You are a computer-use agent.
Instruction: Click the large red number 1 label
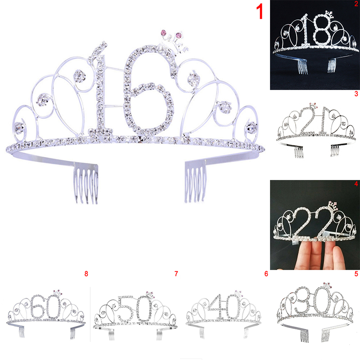tap(260, 12)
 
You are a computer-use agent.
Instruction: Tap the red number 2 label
tap(356, 4)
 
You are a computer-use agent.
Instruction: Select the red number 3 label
tap(356, 94)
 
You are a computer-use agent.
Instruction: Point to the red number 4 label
tap(356, 184)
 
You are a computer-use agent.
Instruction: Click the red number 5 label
tap(356, 274)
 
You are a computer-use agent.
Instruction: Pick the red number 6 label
tap(266, 274)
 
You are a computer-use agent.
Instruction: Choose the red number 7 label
tap(176, 274)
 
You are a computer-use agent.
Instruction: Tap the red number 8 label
tap(86, 274)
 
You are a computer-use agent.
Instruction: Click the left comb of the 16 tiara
tap(86, 184)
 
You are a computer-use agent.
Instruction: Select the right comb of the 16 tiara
tap(195, 183)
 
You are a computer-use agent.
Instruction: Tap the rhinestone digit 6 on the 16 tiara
tap(149, 92)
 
